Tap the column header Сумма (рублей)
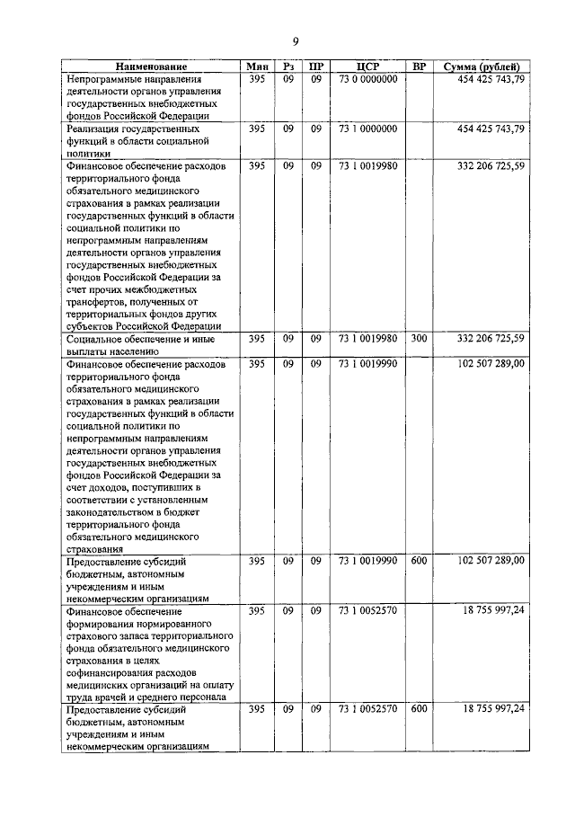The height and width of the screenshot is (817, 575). (x=481, y=67)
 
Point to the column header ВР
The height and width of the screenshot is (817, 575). (x=419, y=67)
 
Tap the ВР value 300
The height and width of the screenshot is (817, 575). (x=419, y=339)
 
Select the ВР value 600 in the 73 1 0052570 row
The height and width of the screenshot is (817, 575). (x=419, y=709)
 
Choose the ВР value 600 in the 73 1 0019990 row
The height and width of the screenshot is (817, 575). (x=419, y=561)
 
